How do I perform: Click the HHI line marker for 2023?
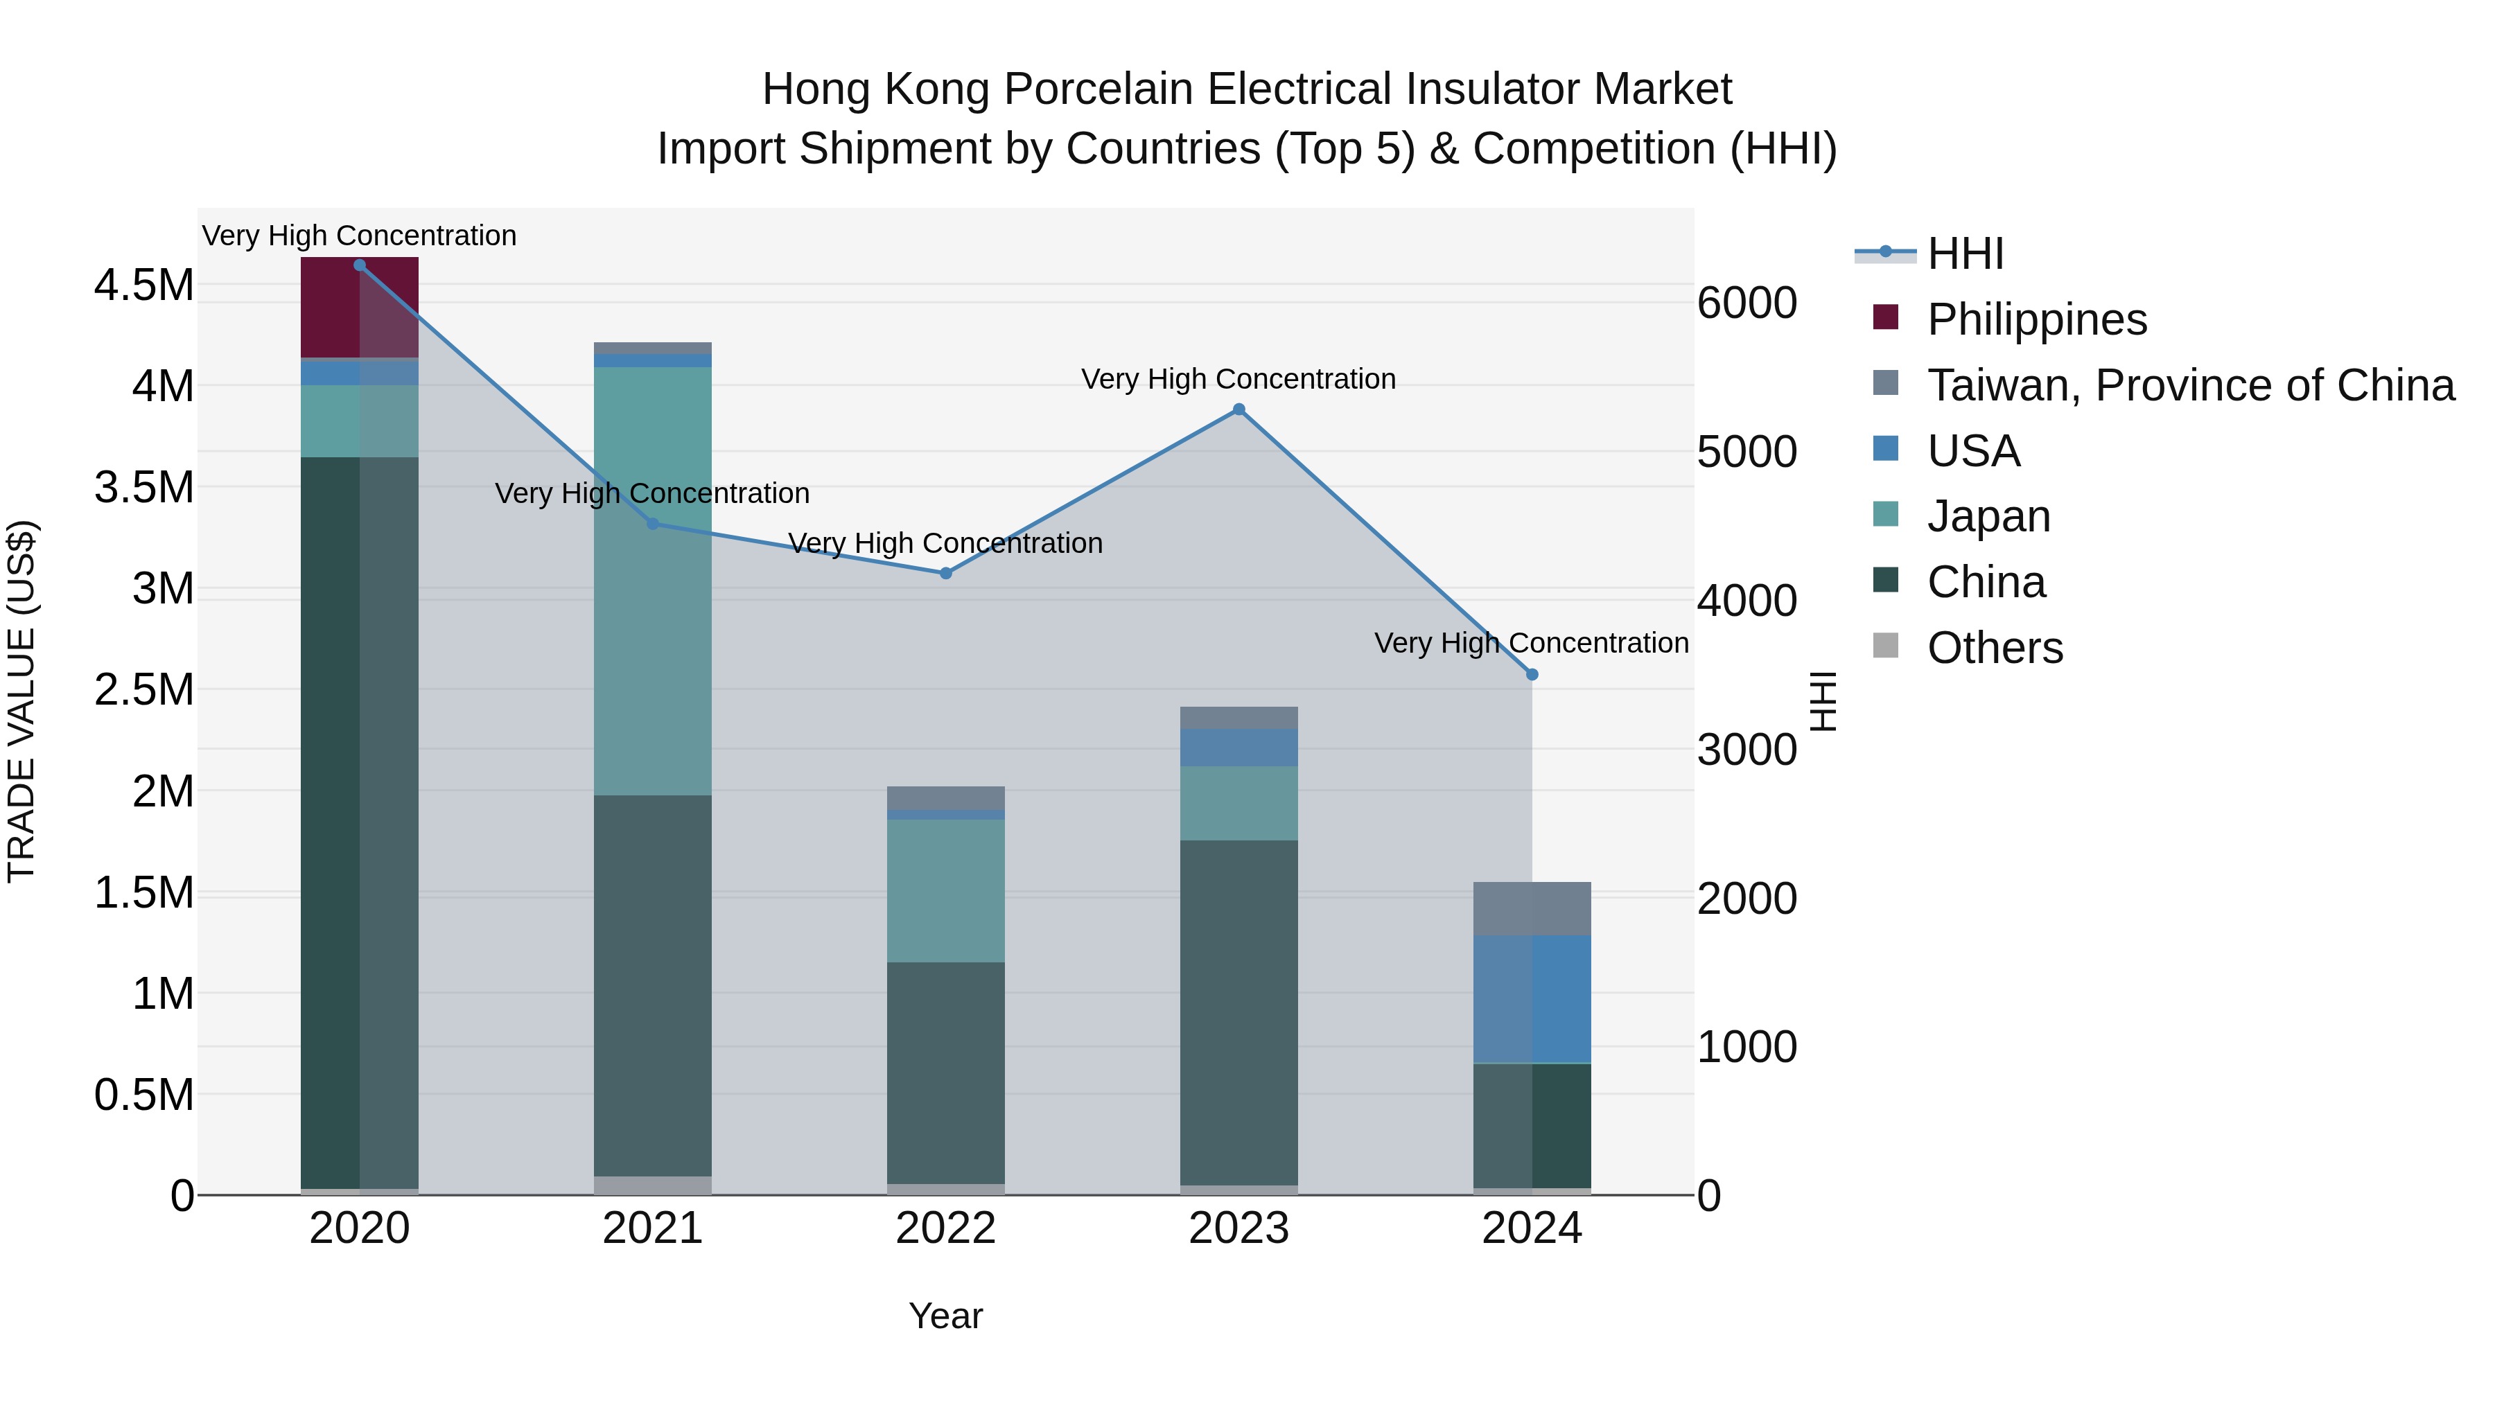(x=1238, y=409)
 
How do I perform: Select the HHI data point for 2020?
(x=359, y=265)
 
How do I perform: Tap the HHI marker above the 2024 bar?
(x=1531, y=675)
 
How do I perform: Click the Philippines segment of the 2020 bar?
(x=359, y=308)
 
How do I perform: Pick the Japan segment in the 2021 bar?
(x=652, y=581)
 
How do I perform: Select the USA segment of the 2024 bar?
(x=1531, y=999)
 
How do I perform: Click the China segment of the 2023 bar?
(x=1238, y=1012)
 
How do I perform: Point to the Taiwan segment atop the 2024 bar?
(x=1531, y=908)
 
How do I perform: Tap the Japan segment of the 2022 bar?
(x=945, y=891)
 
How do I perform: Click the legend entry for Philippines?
(x=2036, y=319)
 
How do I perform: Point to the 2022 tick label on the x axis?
(x=945, y=1228)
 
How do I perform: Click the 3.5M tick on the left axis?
(x=143, y=487)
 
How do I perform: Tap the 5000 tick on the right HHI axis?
(x=1746, y=452)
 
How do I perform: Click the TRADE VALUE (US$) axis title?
(x=21, y=701)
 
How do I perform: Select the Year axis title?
(x=945, y=1316)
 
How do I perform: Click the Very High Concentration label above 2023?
(x=1238, y=378)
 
